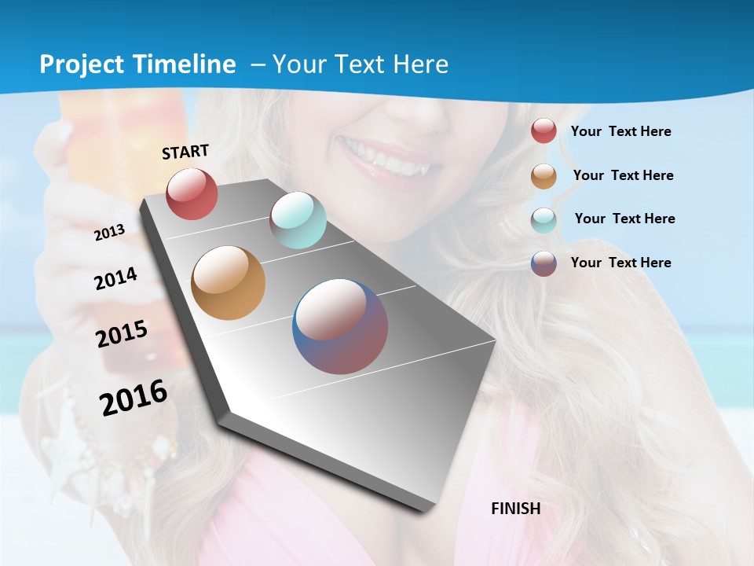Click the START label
pyautogui.click(x=185, y=152)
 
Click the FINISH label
pyautogui.click(x=515, y=509)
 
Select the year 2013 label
pyautogui.click(x=109, y=233)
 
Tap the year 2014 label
pyautogui.click(x=115, y=278)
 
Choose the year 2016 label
pyautogui.click(x=134, y=398)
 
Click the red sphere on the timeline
pyautogui.click(x=192, y=193)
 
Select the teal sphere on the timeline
pyautogui.click(x=298, y=220)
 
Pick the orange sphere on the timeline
pyautogui.click(x=228, y=283)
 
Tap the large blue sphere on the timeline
pyautogui.click(x=339, y=326)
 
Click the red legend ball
pyautogui.click(x=544, y=130)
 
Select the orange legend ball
pyautogui.click(x=544, y=176)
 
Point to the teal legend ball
pyautogui.click(x=544, y=220)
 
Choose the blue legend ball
pyautogui.click(x=544, y=263)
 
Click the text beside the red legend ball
pyautogui.click(x=620, y=131)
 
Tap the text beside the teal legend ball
pyautogui.click(x=624, y=219)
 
